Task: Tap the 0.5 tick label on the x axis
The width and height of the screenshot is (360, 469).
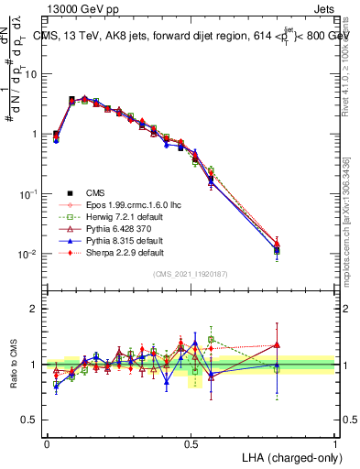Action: pos(191,443)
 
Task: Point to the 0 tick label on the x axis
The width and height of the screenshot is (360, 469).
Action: pos(47,443)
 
